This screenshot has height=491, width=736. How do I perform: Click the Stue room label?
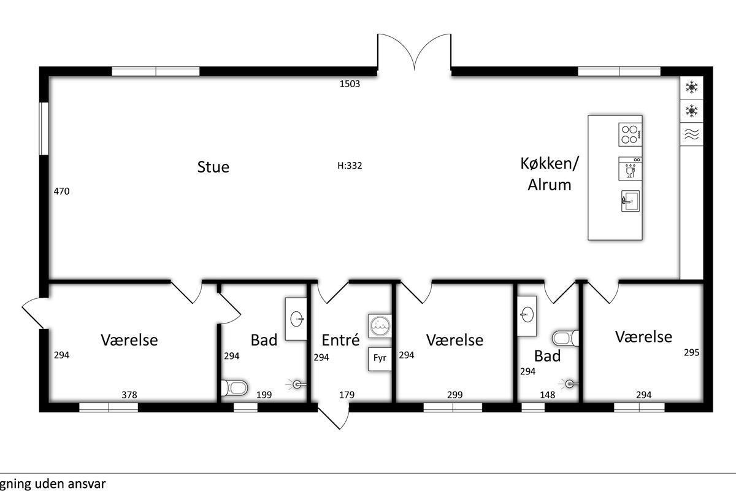(213, 167)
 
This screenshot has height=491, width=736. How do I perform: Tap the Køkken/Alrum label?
(550, 174)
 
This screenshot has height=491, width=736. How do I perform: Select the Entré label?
(340, 340)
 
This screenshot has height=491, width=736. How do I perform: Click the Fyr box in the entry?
(380, 359)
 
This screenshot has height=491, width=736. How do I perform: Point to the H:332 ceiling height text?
(350, 166)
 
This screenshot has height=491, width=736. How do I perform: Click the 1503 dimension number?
(350, 84)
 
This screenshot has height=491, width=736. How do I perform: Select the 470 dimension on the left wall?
(61, 191)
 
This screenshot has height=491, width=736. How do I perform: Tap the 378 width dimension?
(129, 395)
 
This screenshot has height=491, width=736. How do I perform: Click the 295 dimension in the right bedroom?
(692, 352)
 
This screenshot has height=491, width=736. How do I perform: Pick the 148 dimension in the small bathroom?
(547, 395)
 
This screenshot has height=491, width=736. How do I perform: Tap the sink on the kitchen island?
(631, 201)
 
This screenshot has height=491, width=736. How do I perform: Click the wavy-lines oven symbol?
(691, 134)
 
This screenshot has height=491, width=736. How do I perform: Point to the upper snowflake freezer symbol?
(691, 88)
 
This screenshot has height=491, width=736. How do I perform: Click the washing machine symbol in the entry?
(380, 326)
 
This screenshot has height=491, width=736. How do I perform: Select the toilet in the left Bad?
(234, 388)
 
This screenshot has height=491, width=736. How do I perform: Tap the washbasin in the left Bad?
(297, 319)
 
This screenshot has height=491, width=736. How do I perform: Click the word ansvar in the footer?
(86, 484)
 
